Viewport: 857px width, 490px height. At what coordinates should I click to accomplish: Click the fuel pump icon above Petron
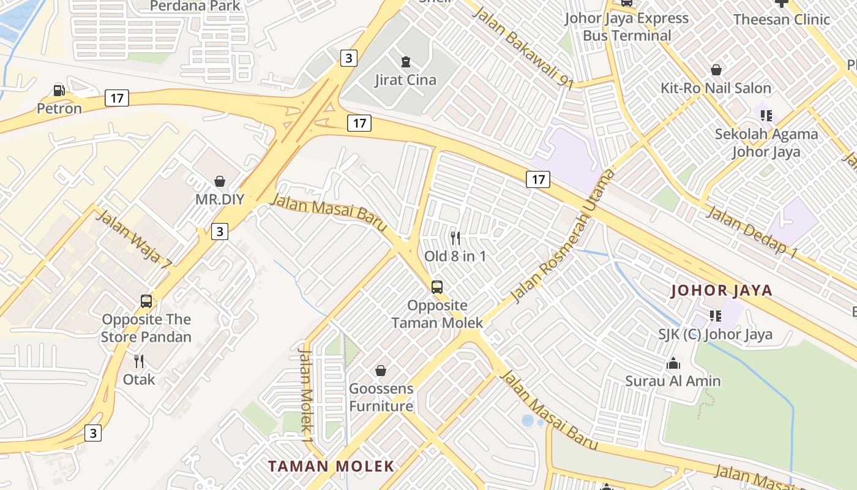click(59, 91)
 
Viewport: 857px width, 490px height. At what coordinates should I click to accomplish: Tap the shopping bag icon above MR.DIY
click(220, 181)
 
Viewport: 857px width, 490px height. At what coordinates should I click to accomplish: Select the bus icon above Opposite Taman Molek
click(437, 287)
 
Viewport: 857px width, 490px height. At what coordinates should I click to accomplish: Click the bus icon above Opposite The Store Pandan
click(146, 301)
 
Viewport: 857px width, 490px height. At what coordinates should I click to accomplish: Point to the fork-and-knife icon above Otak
click(139, 361)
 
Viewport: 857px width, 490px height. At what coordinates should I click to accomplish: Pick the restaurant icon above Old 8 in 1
click(455, 238)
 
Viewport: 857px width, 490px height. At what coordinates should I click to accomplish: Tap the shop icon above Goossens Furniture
click(381, 371)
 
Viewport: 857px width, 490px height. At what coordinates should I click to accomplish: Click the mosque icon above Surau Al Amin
click(673, 363)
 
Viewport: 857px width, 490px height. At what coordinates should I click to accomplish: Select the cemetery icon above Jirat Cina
click(405, 61)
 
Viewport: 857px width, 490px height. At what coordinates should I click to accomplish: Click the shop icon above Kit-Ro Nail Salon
click(716, 70)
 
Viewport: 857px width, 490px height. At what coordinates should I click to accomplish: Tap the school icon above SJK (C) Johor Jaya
click(715, 316)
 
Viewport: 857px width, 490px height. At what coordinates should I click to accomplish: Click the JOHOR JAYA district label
click(722, 290)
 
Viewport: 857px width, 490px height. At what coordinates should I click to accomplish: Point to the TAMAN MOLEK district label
click(331, 466)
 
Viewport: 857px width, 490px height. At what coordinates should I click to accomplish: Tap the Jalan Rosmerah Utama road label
click(562, 236)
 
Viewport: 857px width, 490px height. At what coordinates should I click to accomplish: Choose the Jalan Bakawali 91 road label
click(523, 48)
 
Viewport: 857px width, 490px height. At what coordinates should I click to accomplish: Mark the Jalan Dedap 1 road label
click(752, 232)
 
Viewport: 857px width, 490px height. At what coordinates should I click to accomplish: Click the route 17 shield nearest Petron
click(116, 97)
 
